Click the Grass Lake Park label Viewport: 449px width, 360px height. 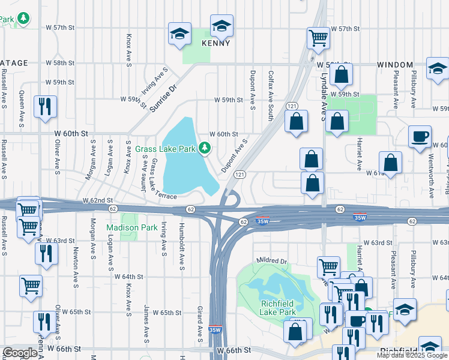point(166,148)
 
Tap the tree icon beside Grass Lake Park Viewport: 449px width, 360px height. point(205,148)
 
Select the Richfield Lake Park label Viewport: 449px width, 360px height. point(278,308)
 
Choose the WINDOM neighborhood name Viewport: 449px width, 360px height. point(395,64)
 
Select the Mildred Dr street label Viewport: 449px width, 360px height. point(272,261)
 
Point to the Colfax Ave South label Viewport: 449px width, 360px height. point(271,91)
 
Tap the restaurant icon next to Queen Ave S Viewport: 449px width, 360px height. point(45,107)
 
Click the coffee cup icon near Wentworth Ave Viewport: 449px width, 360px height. point(420,136)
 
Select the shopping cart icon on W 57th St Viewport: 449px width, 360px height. point(318,38)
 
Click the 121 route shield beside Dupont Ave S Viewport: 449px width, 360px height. point(238,175)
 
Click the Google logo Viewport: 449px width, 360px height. point(20,353)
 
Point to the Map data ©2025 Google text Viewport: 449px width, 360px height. point(412,355)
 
